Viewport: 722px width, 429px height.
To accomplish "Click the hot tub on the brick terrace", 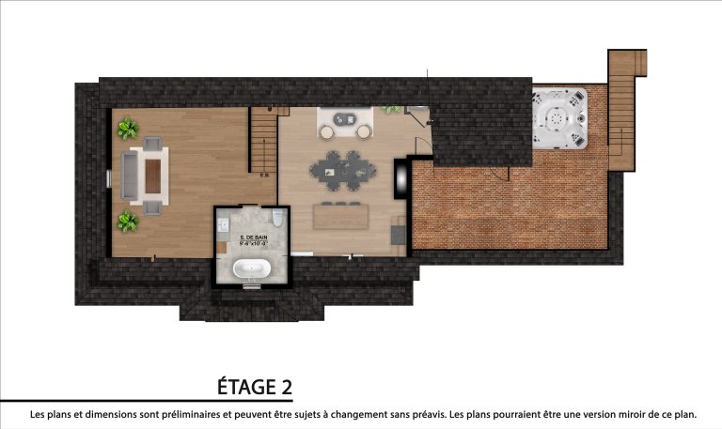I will [x=560, y=119].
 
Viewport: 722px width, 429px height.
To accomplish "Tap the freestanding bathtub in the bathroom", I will [x=251, y=270].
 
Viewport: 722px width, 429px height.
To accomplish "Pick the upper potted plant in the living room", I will [x=127, y=127].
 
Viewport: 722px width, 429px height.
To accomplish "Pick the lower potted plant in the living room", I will [x=127, y=222].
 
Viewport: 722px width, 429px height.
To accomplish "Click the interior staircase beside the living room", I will [x=263, y=140].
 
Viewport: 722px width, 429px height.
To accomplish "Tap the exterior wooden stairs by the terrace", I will [x=624, y=103].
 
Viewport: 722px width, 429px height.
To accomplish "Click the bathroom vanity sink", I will [x=225, y=225].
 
